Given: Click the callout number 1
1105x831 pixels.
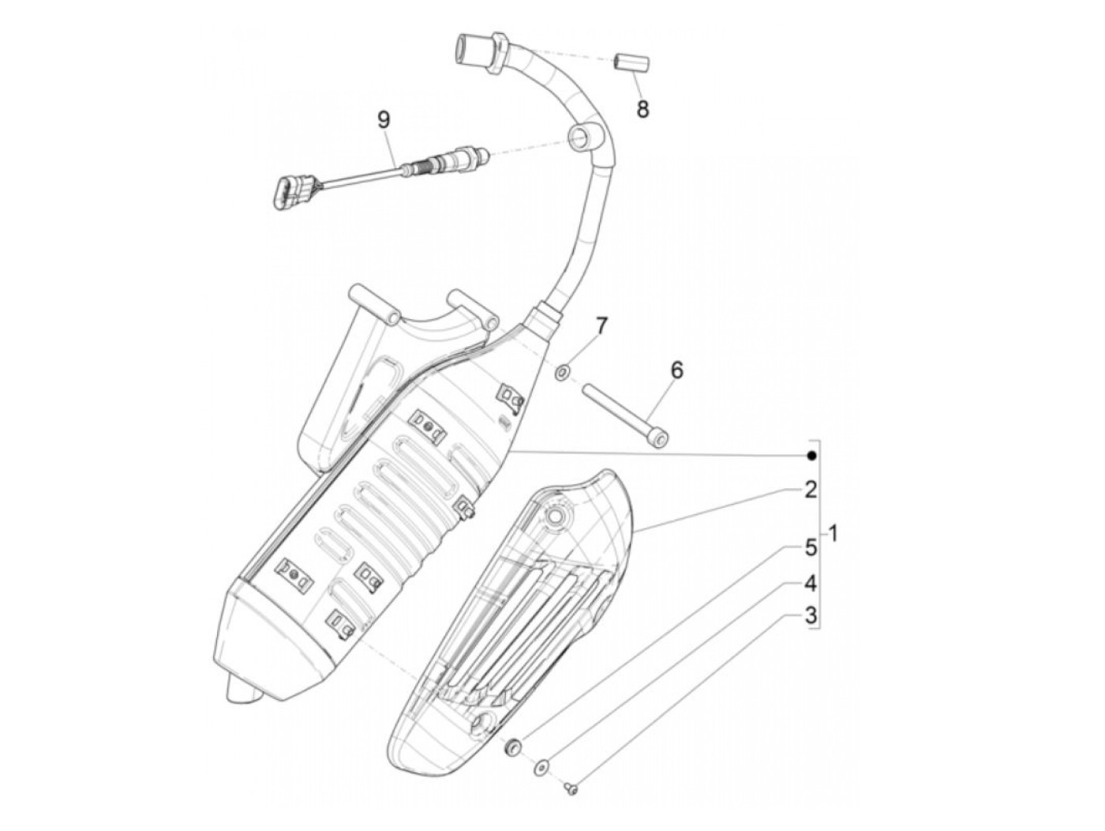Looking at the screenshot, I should [x=833, y=535].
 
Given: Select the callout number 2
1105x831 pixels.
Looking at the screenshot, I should [x=810, y=490].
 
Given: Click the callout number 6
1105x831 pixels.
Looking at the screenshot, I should [x=677, y=370].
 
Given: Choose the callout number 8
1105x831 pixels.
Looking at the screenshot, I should [x=642, y=109].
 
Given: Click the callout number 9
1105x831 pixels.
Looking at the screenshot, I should [x=384, y=120].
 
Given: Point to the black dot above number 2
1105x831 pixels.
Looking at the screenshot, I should [x=811, y=456].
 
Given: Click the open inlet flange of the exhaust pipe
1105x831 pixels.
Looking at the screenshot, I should [x=464, y=49].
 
